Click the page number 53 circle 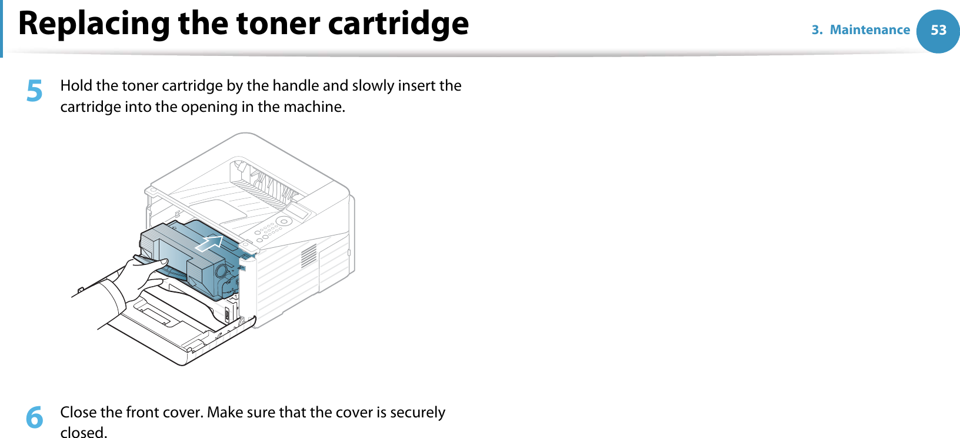point(938,31)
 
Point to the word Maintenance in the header point(869,30)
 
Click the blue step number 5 point(35,91)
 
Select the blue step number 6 point(35,417)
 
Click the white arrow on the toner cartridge point(209,243)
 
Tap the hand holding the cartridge point(132,277)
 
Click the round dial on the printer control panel point(284,221)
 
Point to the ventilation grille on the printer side point(309,255)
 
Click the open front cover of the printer point(176,330)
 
